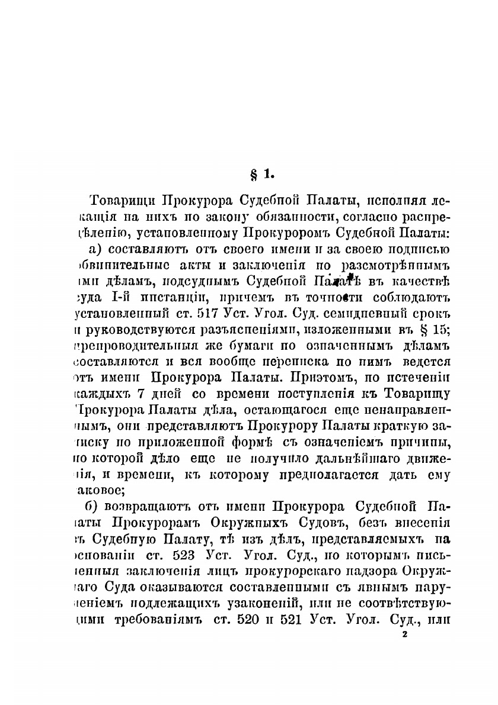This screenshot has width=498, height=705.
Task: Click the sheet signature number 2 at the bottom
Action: tap(404, 635)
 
